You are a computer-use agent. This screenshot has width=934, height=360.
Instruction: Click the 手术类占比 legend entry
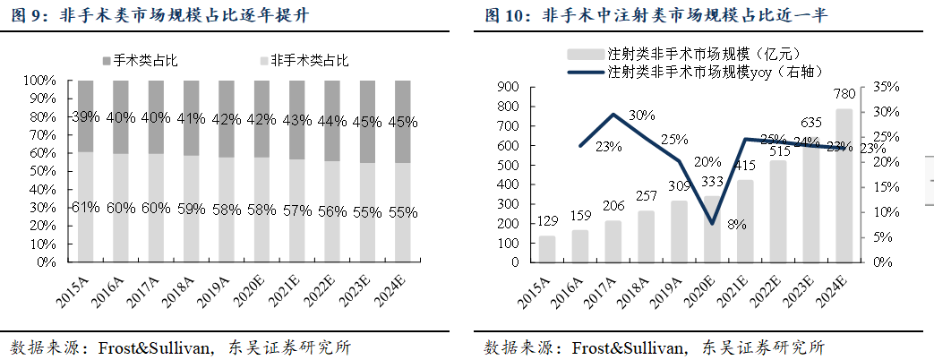click(140, 60)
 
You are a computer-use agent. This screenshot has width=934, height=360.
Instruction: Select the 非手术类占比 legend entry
click(304, 60)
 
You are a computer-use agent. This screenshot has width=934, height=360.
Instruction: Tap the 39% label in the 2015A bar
click(86, 117)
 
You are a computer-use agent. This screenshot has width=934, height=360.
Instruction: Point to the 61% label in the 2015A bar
click(86, 210)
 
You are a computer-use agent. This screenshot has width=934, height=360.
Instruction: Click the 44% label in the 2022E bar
click(332, 121)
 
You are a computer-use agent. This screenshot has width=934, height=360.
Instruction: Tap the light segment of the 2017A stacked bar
click(156, 208)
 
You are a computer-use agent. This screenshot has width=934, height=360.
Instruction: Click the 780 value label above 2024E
click(844, 94)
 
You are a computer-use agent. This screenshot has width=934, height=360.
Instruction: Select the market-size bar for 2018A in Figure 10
click(647, 236)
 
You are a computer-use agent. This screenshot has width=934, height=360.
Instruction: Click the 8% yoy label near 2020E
click(737, 225)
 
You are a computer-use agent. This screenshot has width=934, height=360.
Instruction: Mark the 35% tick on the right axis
click(887, 88)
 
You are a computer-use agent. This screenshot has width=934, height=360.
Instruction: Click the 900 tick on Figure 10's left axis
click(511, 88)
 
